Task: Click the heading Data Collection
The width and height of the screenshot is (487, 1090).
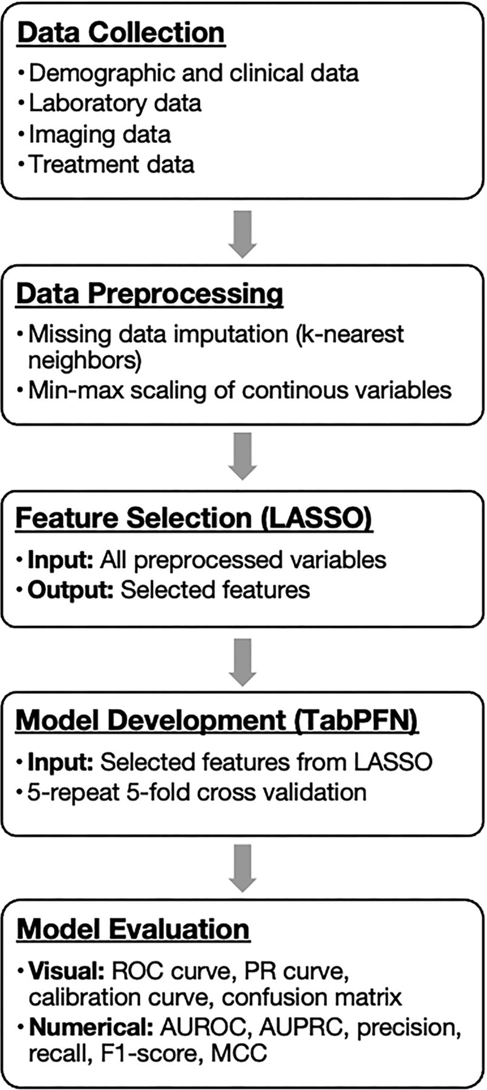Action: pyautogui.click(x=122, y=32)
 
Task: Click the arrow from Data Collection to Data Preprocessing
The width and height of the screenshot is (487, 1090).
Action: pyautogui.click(x=243, y=234)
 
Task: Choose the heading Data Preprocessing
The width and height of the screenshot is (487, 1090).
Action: pyautogui.click(x=149, y=294)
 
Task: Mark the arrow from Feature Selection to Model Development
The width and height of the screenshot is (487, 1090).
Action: pyautogui.click(x=243, y=662)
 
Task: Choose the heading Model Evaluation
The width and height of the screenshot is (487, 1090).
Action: pyautogui.click(x=133, y=929)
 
